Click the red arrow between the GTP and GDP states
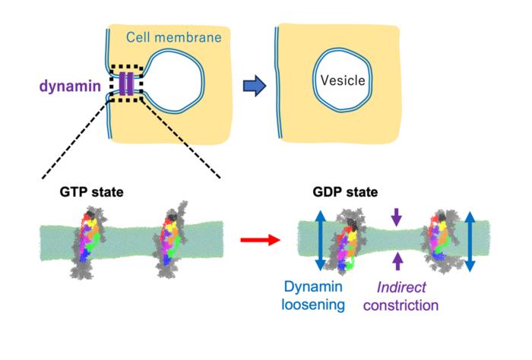click(x=254, y=242)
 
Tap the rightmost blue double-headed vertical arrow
click(x=469, y=241)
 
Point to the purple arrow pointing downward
click(x=394, y=218)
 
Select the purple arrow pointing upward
click(x=394, y=263)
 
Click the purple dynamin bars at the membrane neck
click(x=127, y=84)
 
